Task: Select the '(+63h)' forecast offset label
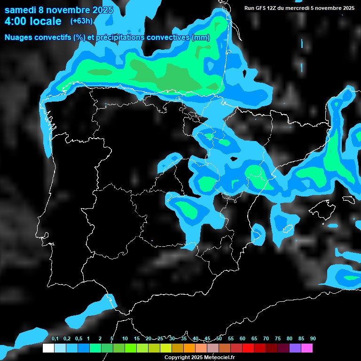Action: point(81,21)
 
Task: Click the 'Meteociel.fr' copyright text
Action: point(216,358)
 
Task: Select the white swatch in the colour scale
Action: point(48,348)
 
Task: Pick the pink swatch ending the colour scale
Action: point(307,348)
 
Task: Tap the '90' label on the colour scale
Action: point(313,338)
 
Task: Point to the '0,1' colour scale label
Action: point(55,338)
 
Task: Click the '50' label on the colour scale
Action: point(219,338)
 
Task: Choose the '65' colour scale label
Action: point(254,338)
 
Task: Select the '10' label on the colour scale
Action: point(125,338)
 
